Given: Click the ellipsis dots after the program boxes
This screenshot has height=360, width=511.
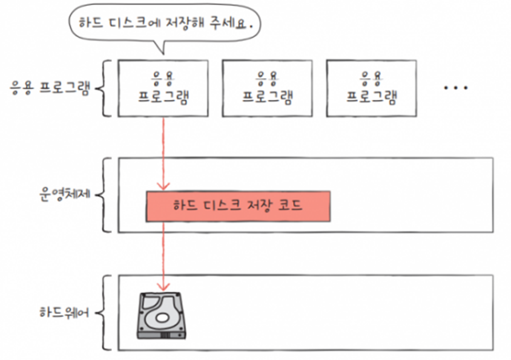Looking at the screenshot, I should coord(456,88).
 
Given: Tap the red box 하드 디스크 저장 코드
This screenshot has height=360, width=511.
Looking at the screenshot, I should coord(238,206).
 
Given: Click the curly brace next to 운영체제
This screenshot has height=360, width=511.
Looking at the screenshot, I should coord(107,195).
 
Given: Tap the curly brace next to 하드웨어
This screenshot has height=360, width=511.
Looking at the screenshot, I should coord(107,312).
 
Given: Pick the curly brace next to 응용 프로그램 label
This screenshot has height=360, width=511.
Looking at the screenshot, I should coord(107,88).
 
